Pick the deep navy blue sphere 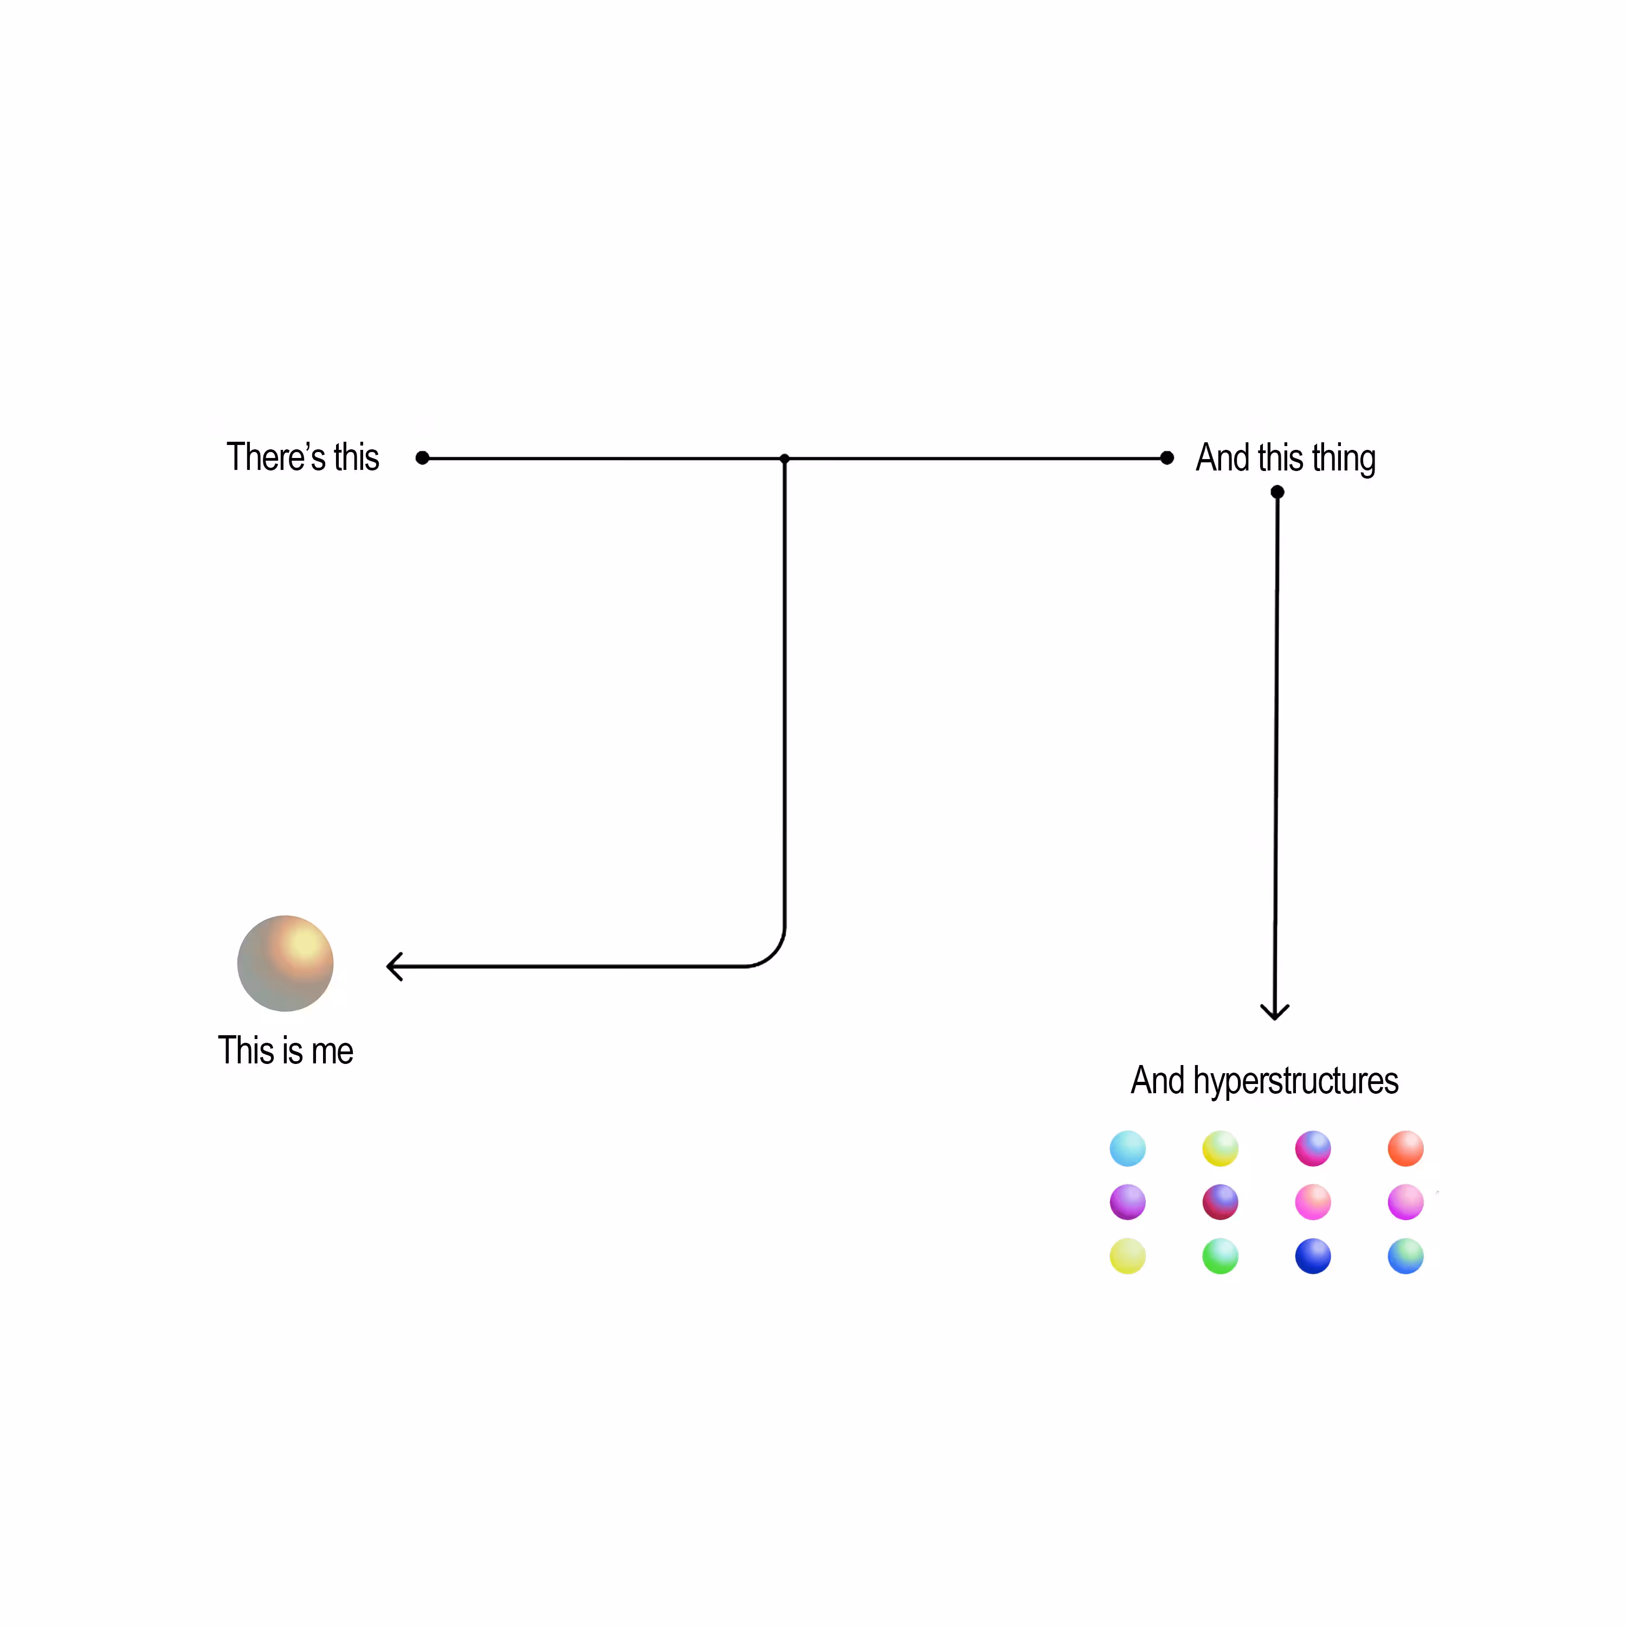pyautogui.click(x=1313, y=1256)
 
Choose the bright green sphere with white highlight pyautogui.click(x=1221, y=1256)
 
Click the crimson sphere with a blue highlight pyautogui.click(x=1221, y=1202)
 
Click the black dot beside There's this pyautogui.click(x=423, y=458)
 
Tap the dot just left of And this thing pyautogui.click(x=1166, y=458)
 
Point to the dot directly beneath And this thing pyautogui.click(x=1277, y=492)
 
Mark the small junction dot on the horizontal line pyautogui.click(x=784, y=459)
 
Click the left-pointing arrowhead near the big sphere pyautogui.click(x=394, y=966)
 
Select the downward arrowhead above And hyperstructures pyautogui.click(x=1275, y=1012)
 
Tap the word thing pyautogui.click(x=1344, y=459)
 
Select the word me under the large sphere pyautogui.click(x=332, y=1052)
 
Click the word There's pyautogui.click(x=276, y=457)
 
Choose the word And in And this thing pyautogui.click(x=1223, y=458)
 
